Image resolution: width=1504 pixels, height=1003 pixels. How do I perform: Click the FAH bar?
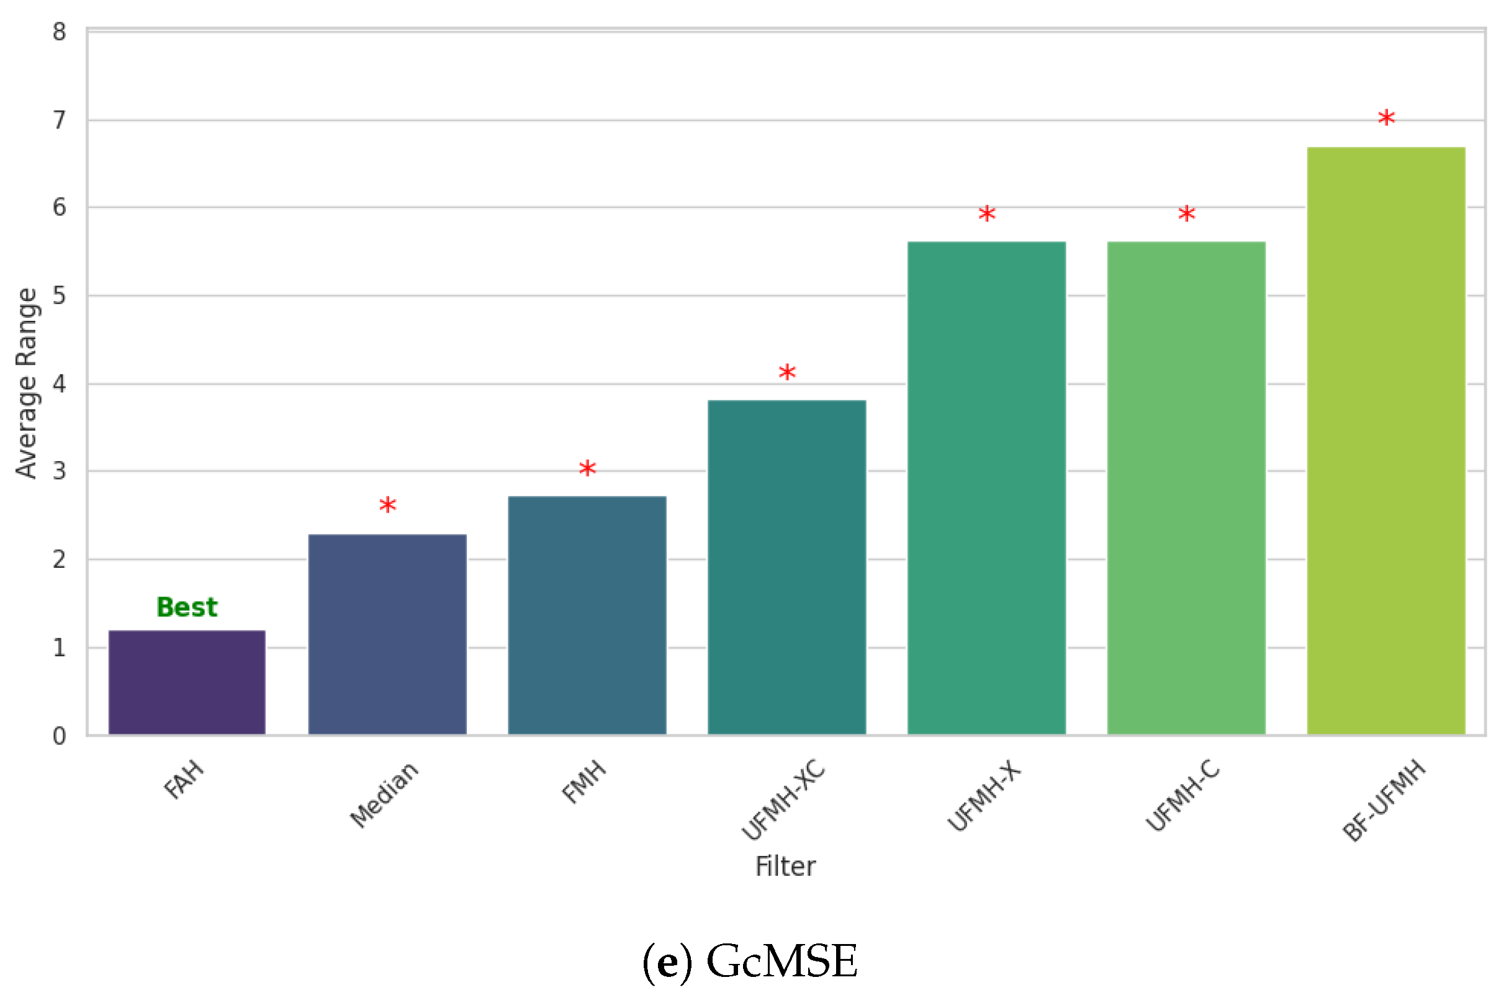click(187, 683)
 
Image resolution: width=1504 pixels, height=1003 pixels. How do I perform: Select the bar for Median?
click(387, 634)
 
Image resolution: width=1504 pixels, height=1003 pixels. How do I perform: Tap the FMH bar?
click(587, 615)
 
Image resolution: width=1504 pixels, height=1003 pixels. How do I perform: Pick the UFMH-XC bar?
click(787, 567)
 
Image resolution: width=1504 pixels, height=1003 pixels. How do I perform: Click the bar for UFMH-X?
click(986, 488)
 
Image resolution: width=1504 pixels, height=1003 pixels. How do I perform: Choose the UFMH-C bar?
click(1186, 488)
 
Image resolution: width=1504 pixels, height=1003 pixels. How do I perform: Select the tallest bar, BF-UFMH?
click(1386, 441)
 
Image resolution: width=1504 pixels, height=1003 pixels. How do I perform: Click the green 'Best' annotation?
click(187, 607)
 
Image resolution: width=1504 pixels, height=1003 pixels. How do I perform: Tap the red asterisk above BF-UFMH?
click(1386, 119)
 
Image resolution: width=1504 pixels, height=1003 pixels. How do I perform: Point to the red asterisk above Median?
click(387, 506)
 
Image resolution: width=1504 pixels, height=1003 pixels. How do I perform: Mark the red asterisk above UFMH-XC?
click(787, 372)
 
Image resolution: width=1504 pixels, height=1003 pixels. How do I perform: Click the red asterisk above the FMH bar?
click(587, 468)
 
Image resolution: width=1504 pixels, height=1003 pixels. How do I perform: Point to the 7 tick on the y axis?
click(60, 120)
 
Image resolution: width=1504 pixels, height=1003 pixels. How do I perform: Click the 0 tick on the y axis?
click(60, 735)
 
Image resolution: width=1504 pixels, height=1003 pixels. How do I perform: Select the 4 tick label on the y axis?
click(60, 384)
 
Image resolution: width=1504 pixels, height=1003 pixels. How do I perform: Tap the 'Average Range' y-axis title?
click(27, 382)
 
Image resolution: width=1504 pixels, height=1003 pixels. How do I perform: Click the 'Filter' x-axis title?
click(786, 866)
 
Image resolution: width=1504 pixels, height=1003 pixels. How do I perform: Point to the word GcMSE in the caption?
click(781, 961)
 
